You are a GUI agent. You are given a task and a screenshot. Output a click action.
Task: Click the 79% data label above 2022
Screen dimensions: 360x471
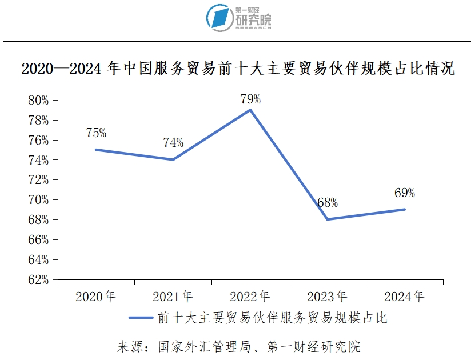click(250, 99)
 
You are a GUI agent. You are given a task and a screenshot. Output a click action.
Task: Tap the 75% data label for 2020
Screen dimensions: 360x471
click(96, 133)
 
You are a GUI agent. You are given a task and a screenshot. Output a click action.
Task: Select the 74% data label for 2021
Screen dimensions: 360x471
click(173, 143)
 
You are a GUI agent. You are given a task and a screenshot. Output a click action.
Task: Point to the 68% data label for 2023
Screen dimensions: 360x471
click(328, 202)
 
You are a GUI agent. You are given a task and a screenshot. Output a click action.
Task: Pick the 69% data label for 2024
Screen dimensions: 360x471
click(405, 193)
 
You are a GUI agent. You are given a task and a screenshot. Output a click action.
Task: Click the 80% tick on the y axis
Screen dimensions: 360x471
click(38, 101)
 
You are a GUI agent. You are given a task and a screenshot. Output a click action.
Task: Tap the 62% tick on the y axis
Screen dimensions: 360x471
click(38, 279)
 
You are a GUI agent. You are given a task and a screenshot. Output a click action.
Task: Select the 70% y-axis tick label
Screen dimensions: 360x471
click(38, 200)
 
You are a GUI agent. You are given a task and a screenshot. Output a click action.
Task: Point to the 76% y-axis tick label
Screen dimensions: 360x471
click(38, 140)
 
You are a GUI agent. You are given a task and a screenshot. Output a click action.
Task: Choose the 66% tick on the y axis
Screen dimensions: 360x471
click(38, 240)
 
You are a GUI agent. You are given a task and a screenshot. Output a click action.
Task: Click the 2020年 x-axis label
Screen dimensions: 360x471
click(95, 297)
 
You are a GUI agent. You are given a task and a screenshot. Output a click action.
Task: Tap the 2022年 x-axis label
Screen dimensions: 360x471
click(250, 297)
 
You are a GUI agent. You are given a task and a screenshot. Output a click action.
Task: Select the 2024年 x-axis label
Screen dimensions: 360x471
click(404, 297)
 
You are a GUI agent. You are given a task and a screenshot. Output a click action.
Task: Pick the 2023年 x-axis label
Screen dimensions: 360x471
click(327, 297)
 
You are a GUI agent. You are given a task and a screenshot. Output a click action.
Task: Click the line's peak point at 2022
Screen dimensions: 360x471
click(250, 110)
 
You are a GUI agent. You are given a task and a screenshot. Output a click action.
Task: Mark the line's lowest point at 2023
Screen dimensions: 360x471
click(327, 219)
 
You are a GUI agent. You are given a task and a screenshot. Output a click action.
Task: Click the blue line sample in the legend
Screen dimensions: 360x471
click(141, 318)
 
